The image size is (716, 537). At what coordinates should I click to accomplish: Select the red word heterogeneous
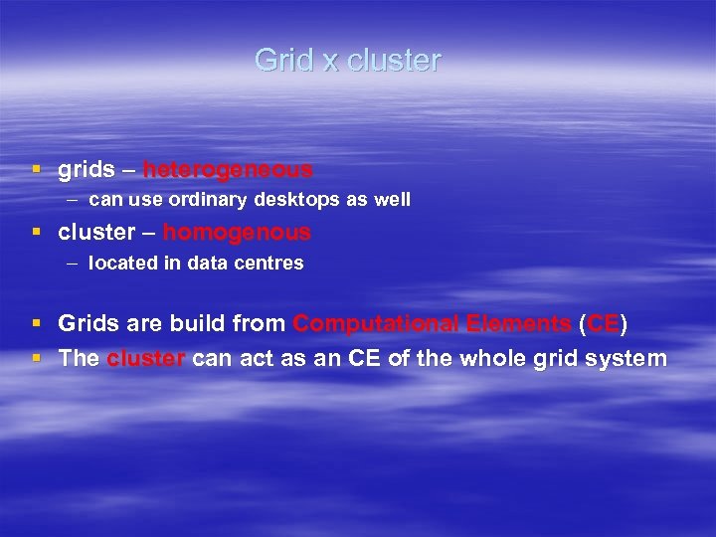(228, 170)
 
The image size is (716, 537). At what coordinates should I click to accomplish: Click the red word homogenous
(237, 233)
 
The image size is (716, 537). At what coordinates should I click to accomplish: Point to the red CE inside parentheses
(603, 324)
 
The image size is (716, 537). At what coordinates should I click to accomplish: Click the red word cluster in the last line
(145, 358)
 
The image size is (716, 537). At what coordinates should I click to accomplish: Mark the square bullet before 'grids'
(37, 171)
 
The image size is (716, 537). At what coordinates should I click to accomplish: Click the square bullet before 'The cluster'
(37, 358)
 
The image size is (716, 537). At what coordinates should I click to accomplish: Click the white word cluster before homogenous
(95, 233)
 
